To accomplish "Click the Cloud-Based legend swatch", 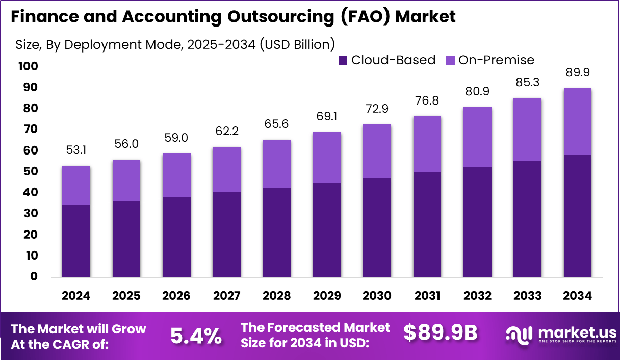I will point(343,60).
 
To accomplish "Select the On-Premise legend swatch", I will point(450,60).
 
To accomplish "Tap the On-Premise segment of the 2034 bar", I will point(578,121).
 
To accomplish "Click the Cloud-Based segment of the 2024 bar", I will point(76,241).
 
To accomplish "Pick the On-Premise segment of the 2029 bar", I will point(327,157).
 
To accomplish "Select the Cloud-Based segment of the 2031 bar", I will point(427,224).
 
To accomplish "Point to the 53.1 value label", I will point(76,150).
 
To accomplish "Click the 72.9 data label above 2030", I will point(377,109).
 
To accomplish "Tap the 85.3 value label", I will point(527,82).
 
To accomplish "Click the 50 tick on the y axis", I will point(30,171).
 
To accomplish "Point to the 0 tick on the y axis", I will point(34,276).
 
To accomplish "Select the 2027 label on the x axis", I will point(227,296).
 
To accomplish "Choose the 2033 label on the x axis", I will point(527,296).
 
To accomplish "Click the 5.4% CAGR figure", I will point(196,336).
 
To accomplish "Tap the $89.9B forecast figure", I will point(440,332).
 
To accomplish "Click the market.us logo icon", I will point(519,335).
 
